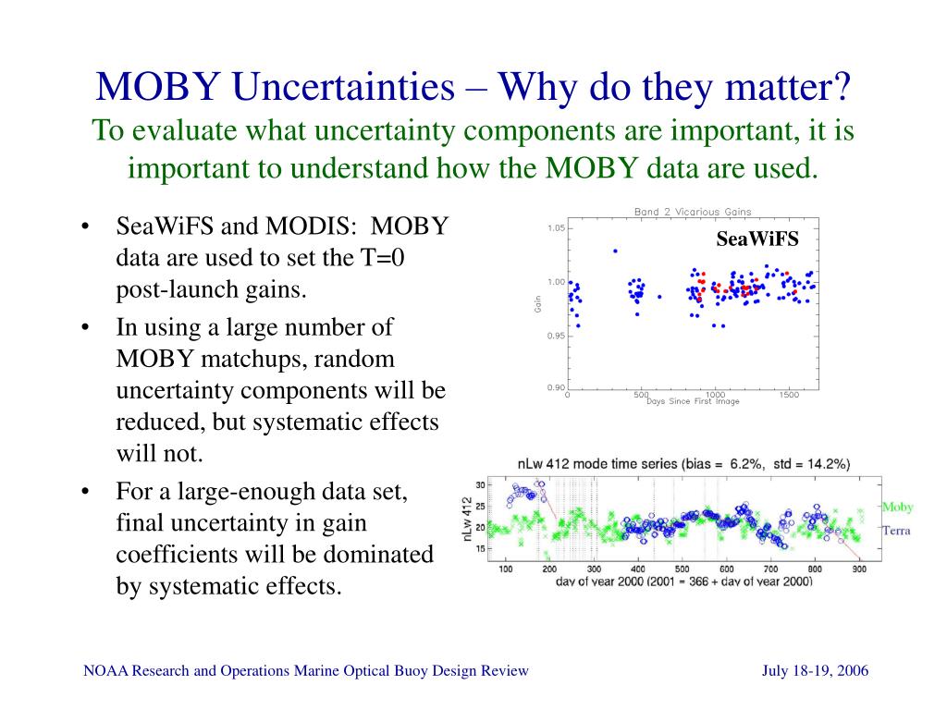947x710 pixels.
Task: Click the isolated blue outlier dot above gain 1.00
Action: (615, 251)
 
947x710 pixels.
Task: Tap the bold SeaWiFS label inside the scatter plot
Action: (757, 240)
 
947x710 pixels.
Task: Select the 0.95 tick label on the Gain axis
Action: (556, 336)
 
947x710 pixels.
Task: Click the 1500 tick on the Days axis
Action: (789, 395)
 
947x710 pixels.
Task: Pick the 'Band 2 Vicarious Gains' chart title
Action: (693, 212)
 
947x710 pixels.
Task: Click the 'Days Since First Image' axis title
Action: (694, 402)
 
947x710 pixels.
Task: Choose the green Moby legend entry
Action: (897, 508)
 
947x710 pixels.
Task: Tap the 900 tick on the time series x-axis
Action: (859, 569)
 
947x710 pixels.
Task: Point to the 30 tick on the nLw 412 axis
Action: (479, 484)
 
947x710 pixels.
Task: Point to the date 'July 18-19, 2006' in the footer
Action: (815, 670)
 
